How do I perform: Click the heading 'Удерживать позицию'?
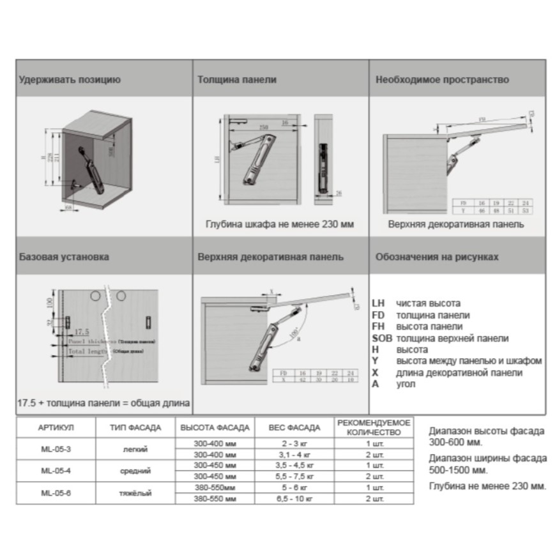(x=70, y=80)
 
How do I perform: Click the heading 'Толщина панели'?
(x=237, y=80)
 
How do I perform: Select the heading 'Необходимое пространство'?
(x=442, y=80)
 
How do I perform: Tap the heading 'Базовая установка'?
(x=64, y=257)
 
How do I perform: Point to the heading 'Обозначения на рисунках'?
(x=437, y=257)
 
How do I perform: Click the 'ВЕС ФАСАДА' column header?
(x=294, y=428)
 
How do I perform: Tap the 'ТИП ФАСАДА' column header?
(x=135, y=428)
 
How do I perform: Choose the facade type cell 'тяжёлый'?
(x=135, y=492)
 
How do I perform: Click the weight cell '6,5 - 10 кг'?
(x=294, y=498)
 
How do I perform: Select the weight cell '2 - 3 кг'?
(x=294, y=443)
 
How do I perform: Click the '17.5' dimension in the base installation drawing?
(x=81, y=332)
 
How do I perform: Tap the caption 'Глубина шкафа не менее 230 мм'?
(x=280, y=225)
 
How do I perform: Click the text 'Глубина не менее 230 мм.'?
(x=488, y=487)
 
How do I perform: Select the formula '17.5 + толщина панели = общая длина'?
(x=103, y=404)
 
